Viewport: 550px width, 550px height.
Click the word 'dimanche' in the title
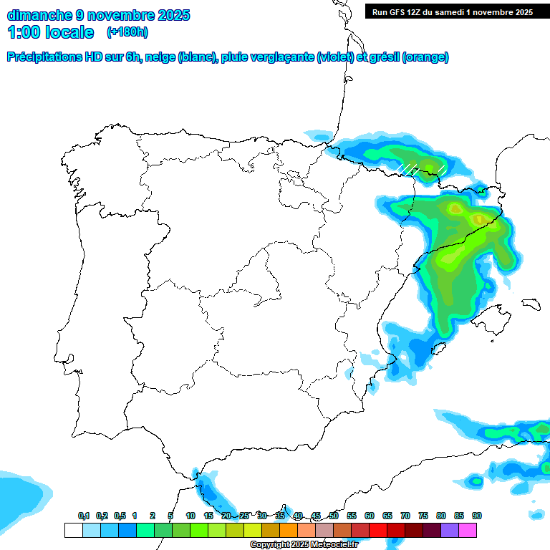tap(39, 15)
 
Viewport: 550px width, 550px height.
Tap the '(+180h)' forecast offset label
tap(127, 32)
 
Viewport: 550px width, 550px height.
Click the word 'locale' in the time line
tap(69, 32)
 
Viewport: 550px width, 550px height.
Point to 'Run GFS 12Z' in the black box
tap(398, 12)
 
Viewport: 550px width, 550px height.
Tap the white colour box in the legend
tap(73, 530)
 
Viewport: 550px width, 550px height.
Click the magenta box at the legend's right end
tap(468, 530)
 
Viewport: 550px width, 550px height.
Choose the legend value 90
tap(476, 516)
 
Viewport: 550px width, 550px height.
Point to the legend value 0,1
tap(83, 516)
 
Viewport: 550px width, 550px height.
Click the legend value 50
tap(333, 516)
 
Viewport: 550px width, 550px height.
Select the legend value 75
tap(423, 516)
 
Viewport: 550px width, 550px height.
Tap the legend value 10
tap(190, 516)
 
